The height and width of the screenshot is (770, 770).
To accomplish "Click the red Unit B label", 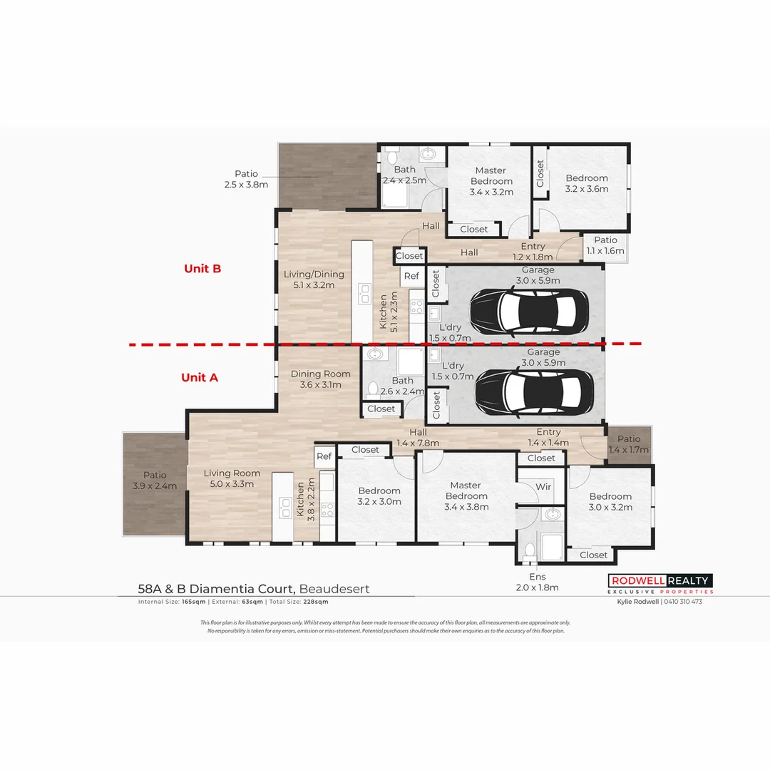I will (202, 269).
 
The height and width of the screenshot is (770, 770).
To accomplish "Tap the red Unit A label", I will (199, 377).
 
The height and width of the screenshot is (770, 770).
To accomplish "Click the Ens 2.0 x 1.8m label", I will (537, 582).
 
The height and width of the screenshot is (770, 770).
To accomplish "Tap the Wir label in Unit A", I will (543, 487).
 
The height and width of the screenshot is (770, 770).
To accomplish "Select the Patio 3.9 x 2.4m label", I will (155, 481).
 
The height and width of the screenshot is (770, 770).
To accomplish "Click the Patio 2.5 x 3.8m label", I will (246, 179).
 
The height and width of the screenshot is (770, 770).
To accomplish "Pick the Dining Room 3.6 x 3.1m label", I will (320, 379).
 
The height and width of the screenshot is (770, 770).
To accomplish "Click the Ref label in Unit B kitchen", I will (411, 276).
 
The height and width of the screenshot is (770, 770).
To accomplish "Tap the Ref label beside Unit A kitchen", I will (324, 456).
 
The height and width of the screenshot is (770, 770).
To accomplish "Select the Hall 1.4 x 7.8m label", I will (418, 437).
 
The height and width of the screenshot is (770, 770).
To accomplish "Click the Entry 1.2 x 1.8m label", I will (533, 251).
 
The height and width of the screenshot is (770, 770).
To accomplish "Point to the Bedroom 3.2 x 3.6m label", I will (587, 183).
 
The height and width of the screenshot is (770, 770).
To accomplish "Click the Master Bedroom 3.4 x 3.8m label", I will (466, 496).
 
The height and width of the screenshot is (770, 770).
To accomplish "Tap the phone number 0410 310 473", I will (683, 602).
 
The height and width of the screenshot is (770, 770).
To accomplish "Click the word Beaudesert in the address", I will (334, 589).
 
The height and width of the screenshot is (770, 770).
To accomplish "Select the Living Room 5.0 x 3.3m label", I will (232, 478).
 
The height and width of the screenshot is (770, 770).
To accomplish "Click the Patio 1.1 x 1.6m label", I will (605, 245).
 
